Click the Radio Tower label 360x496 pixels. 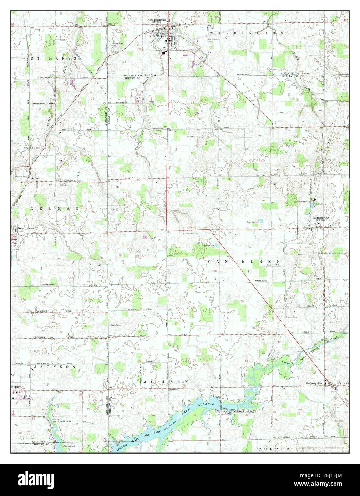coord(116,325)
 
